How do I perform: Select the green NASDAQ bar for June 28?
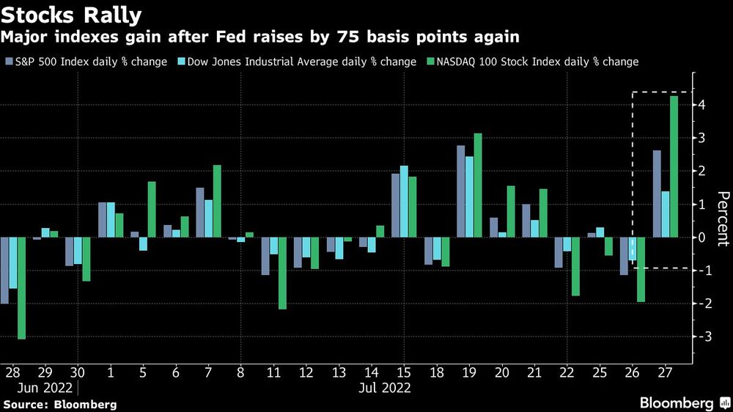pos(22,288)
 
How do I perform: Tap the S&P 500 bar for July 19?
pos(461,191)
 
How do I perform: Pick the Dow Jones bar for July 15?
pos(404,202)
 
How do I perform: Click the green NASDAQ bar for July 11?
pos(282,273)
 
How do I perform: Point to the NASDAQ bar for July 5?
pos(152,210)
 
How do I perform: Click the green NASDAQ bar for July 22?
pos(575,266)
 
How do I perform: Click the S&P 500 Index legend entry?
pos(86,62)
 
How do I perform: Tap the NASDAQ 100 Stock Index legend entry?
pos(534,62)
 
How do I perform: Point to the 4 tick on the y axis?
pos(701,105)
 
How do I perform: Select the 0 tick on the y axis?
pos(701,238)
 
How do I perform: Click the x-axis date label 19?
pos(469,373)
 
